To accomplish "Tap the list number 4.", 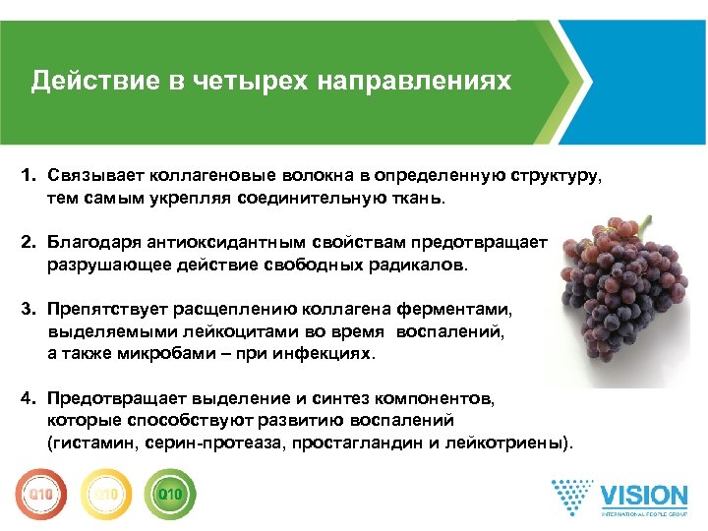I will click(29, 401).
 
